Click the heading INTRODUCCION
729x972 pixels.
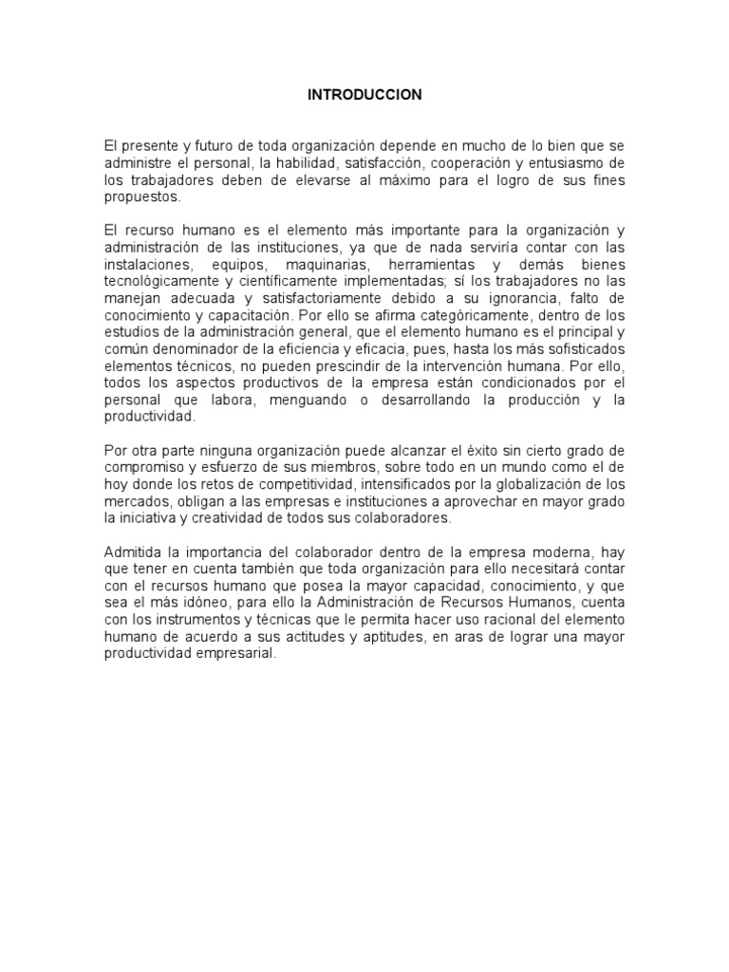pyautogui.click(x=364, y=96)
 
